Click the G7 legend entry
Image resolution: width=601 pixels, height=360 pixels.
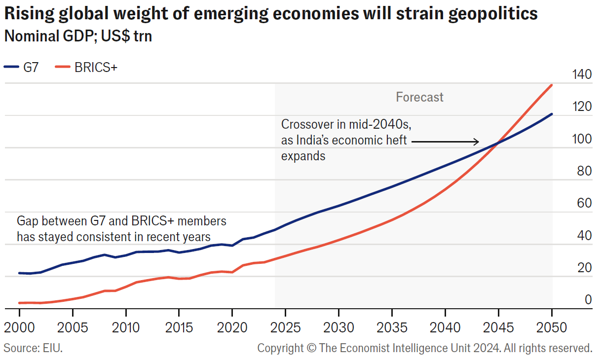pyautogui.click(x=22, y=68)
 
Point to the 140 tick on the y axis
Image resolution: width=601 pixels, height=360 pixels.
pyautogui.click(x=581, y=75)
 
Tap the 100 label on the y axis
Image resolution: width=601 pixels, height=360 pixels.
pyautogui.click(x=581, y=139)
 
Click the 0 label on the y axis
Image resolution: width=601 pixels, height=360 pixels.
pyautogui.click(x=588, y=299)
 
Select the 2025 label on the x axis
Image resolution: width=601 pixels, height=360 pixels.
pyautogui.click(x=285, y=327)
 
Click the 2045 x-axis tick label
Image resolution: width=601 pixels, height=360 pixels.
pyautogui.click(x=498, y=327)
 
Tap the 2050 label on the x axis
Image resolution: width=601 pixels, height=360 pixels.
pyautogui.click(x=552, y=327)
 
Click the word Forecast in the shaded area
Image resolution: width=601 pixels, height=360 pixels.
pyautogui.click(x=419, y=97)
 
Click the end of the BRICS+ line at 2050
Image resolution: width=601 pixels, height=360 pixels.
pyautogui.click(x=552, y=85)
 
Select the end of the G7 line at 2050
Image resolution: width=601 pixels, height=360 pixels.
pyautogui.click(x=552, y=114)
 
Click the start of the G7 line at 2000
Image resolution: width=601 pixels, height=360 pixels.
pyautogui.click(x=20, y=273)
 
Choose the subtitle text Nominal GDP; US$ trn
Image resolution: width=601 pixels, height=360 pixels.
pyautogui.click(x=78, y=36)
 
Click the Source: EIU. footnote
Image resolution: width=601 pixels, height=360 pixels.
pyautogui.click(x=33, y=348)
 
